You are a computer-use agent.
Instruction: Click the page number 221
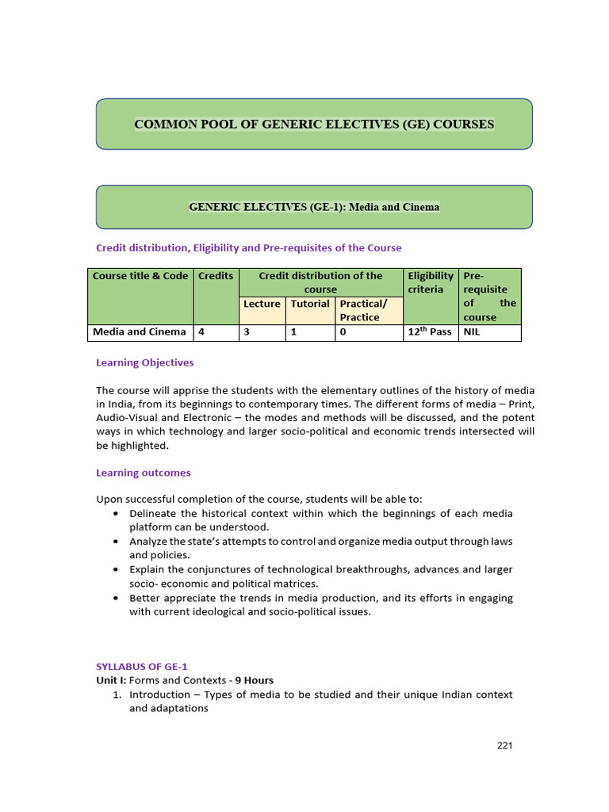(x=505, y=745)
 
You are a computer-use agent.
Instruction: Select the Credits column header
(x=216, y=276)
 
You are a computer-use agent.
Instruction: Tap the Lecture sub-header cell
(x=262, y=304)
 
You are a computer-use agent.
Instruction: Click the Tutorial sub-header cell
(x=309, y=304)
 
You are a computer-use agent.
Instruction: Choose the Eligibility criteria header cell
(x=431, y=282)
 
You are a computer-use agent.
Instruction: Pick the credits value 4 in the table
(x=201, y=332)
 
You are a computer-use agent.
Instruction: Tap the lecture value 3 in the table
(x=247, y=332)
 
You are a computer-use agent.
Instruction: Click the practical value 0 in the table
(x=343, y=332)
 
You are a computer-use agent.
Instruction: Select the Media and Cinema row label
(x=140, y=332)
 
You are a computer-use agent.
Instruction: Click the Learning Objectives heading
(x=144, y=362)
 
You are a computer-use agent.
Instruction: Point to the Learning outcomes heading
(x=143, y=473)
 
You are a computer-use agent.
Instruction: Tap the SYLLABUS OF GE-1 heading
(x=142, y=667)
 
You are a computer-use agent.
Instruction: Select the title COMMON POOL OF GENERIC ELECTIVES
(x=314, y=124)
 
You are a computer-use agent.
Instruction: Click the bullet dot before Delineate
(x=117, y=514)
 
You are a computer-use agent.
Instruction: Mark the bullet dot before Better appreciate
(x=117, y=598)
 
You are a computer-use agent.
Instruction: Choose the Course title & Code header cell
(x=140, y=276)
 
